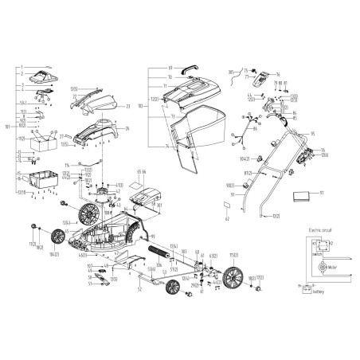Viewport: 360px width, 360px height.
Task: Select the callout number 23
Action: pos(128,106)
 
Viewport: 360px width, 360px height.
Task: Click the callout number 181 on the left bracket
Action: pos(7,125)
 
